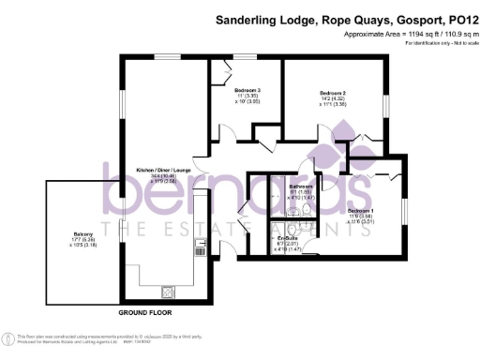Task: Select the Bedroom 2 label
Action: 333,94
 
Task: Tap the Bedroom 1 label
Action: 361,211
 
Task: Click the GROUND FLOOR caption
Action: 143,310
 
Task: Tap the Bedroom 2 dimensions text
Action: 333,104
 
